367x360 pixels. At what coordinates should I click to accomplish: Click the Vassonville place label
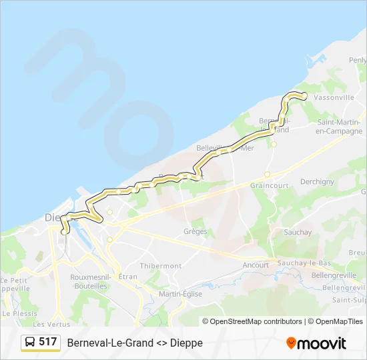click(x=334, y=97)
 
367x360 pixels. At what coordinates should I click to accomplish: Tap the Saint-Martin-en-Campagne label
click(x=340, y=127)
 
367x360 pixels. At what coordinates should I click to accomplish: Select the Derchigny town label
click(x=317, y=181)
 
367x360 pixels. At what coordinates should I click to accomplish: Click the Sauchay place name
click(x=297, y=233)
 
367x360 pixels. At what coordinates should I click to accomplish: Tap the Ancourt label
click(x=256, y=265)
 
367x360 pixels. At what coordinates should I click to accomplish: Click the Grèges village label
click(x=195, y=232)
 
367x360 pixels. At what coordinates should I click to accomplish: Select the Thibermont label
click(x=161, y=265)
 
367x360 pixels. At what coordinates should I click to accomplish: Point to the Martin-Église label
click(x=180, y=294)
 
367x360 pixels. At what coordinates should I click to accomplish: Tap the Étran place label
click(x=127, y=276)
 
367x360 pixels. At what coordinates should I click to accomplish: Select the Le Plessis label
click(x=20, y=313)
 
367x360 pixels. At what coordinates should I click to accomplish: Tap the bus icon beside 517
click(x=30, y=343)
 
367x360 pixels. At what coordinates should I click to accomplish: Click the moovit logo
click(x=316, y=343)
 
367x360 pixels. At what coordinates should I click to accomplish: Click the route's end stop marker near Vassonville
click(x=304, y=96)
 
